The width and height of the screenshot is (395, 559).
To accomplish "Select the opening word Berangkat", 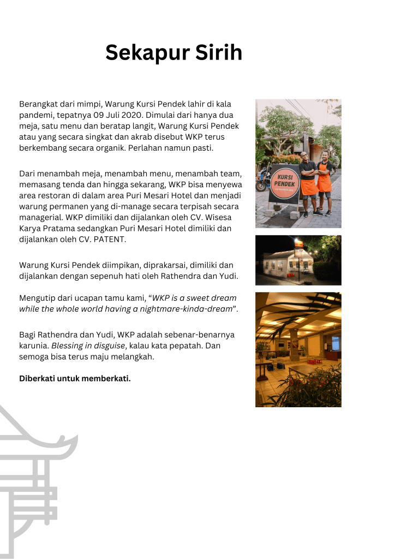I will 40,104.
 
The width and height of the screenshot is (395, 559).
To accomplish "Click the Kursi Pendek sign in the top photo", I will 284,183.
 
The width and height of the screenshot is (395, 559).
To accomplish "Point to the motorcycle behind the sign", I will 262,178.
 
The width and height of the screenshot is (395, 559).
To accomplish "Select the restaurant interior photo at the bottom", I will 298,349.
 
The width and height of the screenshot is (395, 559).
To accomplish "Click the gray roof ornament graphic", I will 33,469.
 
